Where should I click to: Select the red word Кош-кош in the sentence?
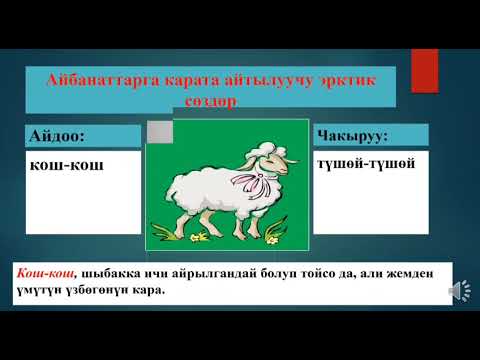[x=41, y=273]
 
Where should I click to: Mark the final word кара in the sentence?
[x=145, y=291]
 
